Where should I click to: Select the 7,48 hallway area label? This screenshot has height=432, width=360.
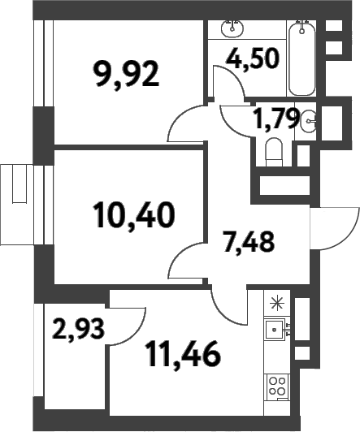pyautogui.click(x=249, y=241)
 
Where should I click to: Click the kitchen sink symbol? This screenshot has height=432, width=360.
pyautogui.click(x=277, y=330)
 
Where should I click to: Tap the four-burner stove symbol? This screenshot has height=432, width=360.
pyautogui.click(x=277, y=387)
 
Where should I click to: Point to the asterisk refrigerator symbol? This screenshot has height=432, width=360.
pyautogui.click(x=277, y=304)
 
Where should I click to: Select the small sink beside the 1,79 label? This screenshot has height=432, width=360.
pyautogui.click(x=309, y=123)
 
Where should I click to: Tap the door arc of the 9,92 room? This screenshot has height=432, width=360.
pyautogui.click(x=186, y=123)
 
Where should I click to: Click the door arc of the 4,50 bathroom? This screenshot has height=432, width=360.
pyautogui.click(x=223, y=83)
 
